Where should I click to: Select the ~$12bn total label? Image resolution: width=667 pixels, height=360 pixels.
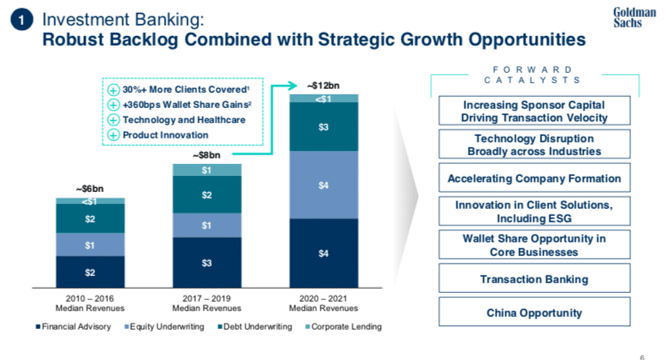pos(323,85)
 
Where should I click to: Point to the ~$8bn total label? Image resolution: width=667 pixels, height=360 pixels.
pos(206,154)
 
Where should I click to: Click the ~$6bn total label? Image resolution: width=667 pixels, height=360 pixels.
pos(90,189)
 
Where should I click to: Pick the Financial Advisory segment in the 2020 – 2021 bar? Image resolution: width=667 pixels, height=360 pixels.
pos(324,253)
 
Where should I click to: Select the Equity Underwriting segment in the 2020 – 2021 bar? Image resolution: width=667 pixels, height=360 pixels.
pos(324,185)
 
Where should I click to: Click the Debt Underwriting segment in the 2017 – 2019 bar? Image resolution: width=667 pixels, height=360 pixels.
pos(206,194)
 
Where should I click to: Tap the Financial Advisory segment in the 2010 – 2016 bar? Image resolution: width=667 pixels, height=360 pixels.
pos(90,272)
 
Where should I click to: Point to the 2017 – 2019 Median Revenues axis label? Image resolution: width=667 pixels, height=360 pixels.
pos(206,303)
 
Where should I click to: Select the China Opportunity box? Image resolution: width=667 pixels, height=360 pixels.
pos(534,313)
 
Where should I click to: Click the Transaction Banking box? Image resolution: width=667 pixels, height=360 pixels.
pos(534,279)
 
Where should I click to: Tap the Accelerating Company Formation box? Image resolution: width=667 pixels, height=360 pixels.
pos(534,178)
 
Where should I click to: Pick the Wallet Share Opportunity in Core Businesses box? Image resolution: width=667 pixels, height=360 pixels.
pos(534,246)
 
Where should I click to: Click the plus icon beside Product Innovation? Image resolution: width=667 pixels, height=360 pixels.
pos(114,134)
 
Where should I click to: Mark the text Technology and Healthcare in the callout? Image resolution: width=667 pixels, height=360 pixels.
pos(183,119)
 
